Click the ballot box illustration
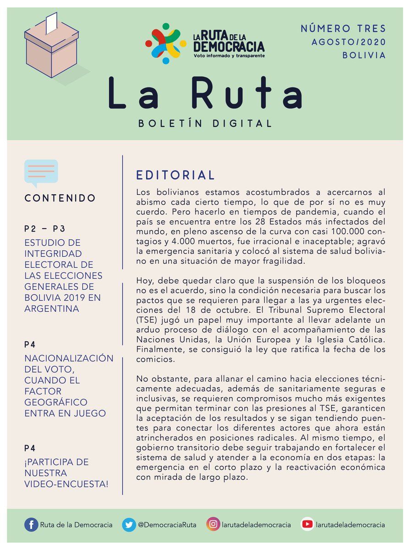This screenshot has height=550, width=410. click(x=51, y=50)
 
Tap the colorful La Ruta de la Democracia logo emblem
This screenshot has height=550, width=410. click(x=165, y=44)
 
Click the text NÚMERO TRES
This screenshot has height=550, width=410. click(x=343, y=28)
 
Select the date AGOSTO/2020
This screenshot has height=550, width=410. click(x=349, y=42)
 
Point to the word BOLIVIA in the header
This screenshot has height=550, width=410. click(x=364, y=55)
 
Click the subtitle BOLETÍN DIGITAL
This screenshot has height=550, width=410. click(x=205, y=123)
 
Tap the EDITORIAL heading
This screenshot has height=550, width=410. click(x=175, y=175)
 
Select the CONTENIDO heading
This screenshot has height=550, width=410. click(x=60, y=198)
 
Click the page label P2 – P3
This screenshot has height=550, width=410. click(x=45, y=229)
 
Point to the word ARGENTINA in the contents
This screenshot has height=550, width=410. click(x=52, y=308)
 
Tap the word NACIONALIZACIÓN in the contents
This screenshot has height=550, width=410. click(x=69, y=358)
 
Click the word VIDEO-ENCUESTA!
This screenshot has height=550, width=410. click(x=66, y=484)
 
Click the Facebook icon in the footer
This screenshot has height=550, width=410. click(x=31, y=524)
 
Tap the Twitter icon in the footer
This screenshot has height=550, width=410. click(x=129, y=524)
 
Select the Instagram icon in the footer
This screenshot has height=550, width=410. click(x=213, y=524)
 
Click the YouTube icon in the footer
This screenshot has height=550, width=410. click(x=307, y=524)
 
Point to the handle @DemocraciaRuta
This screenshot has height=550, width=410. click(x=167, y=525)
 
